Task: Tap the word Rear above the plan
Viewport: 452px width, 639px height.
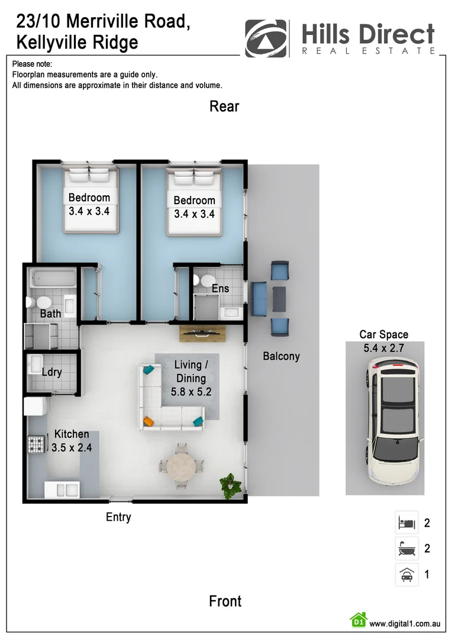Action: tap(224, 106)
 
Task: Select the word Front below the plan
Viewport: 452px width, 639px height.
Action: tap(225, 601)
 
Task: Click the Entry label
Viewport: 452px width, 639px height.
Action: tap(118, 517)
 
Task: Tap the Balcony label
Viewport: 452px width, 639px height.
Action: tap(281, 356)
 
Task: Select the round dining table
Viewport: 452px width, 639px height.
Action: tap(181, 466)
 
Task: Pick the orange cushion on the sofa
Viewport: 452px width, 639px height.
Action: tap(148, 421)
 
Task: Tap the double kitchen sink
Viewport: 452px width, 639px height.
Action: tap(62, 490)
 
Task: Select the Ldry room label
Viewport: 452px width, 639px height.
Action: tap(52, 373)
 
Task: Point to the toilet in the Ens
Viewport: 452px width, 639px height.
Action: tap(205, 280)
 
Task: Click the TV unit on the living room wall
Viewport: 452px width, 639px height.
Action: tap(202, 333)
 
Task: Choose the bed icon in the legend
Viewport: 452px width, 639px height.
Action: tap(406, 522)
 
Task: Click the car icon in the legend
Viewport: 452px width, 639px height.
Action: tap(406, 574)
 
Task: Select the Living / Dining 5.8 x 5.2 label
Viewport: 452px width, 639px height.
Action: tap(191, 378)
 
